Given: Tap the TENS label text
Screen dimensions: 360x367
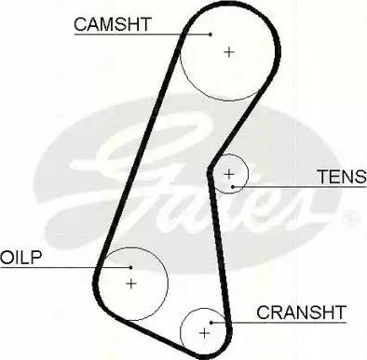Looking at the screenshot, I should pos(335,175).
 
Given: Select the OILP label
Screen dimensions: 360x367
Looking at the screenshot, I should pos(19,256).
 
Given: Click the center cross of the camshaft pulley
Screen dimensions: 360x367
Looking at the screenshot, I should pos(229,51).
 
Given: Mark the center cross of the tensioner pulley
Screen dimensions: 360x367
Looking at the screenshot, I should pos(229,174).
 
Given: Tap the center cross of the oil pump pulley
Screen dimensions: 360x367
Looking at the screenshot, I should pos(131,282).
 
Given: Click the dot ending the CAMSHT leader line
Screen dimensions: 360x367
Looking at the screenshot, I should pos(211,35).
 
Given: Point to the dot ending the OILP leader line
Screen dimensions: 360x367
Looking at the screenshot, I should pos(117,268).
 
